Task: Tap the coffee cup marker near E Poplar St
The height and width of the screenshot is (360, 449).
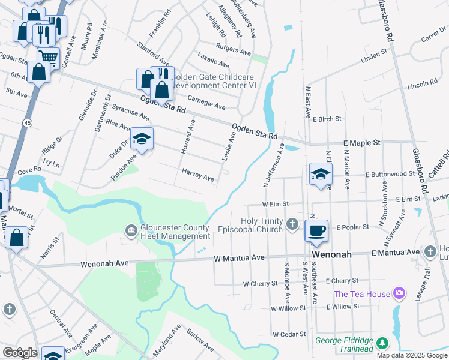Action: coord(316,230)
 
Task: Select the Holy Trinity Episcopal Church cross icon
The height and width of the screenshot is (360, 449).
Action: coord(292,224)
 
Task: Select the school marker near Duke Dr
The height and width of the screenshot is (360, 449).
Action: coord(142,139)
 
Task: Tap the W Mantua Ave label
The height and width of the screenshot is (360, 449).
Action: coord(240,257)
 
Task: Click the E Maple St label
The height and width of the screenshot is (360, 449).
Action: coord(362,143)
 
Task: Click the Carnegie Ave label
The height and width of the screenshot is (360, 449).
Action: coord(206,103)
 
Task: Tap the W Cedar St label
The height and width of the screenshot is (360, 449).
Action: coord(289,334)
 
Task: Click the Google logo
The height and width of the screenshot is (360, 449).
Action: coord(19,353)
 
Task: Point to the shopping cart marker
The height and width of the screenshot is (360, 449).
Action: coord(48,58)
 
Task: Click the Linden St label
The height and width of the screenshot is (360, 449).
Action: coord(375,56)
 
